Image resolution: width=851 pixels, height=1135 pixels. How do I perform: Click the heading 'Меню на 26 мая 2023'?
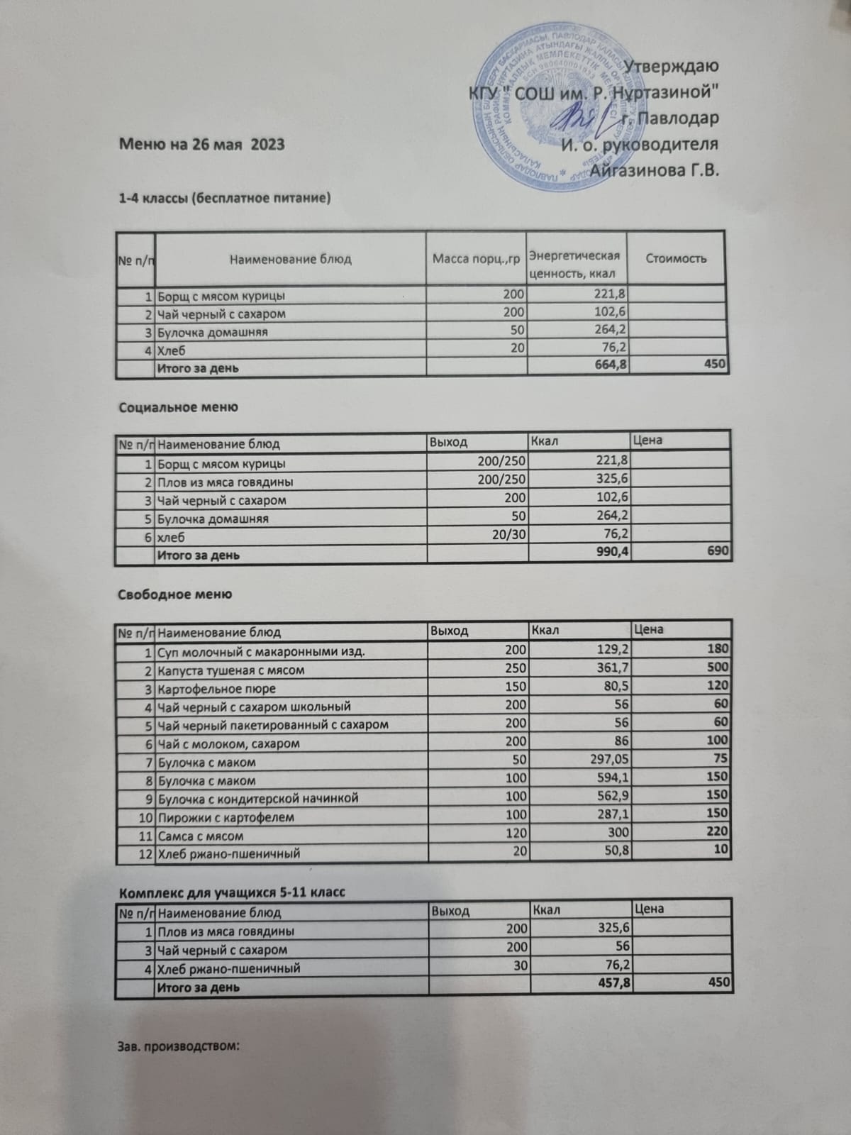pyautogui.click(x=201, y=145)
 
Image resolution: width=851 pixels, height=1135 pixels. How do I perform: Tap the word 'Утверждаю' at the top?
pyautogui.click(x=674, y=66)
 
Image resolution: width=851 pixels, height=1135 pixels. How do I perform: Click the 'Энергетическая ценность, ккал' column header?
pyautogui.click(x=575, y=265)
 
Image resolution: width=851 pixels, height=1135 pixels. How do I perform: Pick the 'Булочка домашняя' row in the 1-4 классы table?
pyautogui.click(x=212, y=332)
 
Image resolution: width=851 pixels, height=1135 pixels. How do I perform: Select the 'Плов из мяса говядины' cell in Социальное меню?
pyautogui.click(x=225, y=482)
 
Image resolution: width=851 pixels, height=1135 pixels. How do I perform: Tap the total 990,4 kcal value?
pyautogui.click(x=608, y=553)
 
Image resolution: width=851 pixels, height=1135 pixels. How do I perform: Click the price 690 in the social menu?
pyautogui.click(x=718, y=551)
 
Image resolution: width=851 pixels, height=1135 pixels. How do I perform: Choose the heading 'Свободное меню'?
pyautogui.click(x=174, y=594)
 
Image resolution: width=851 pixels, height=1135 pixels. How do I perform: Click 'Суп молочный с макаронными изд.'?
pyautogui.click(x=261, y=651)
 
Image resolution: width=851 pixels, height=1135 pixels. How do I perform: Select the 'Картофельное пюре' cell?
pyautogui.click(x=216, y=689)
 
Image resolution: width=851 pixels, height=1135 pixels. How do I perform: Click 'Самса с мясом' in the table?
pyautogui.click(x=200, y=836)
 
